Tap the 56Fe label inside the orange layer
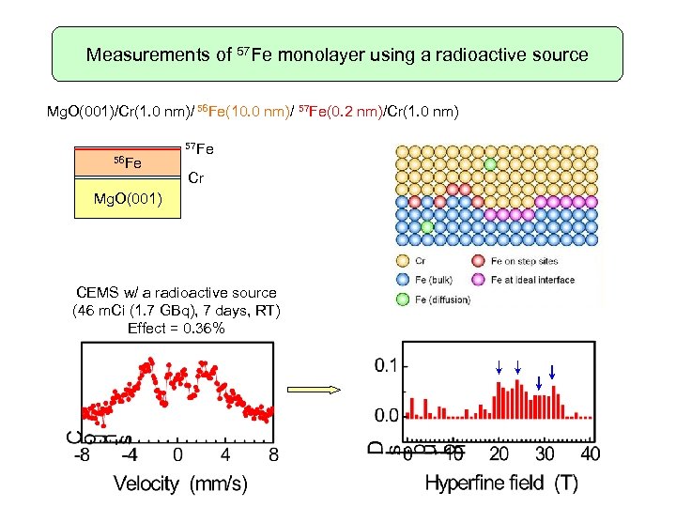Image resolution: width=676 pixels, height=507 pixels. coord(127,163)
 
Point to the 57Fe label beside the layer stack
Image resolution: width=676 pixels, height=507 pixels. coord(199,148)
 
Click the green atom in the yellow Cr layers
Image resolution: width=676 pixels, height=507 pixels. coord(490,163)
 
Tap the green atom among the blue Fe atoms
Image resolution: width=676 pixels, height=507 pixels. coord(427,226)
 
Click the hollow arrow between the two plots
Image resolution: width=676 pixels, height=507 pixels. coord(322,388)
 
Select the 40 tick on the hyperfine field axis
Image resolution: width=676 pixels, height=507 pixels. coord(591,455)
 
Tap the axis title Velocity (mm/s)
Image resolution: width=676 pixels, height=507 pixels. coord(180,484)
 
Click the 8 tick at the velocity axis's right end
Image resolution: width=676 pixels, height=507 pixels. coord(273,455)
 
